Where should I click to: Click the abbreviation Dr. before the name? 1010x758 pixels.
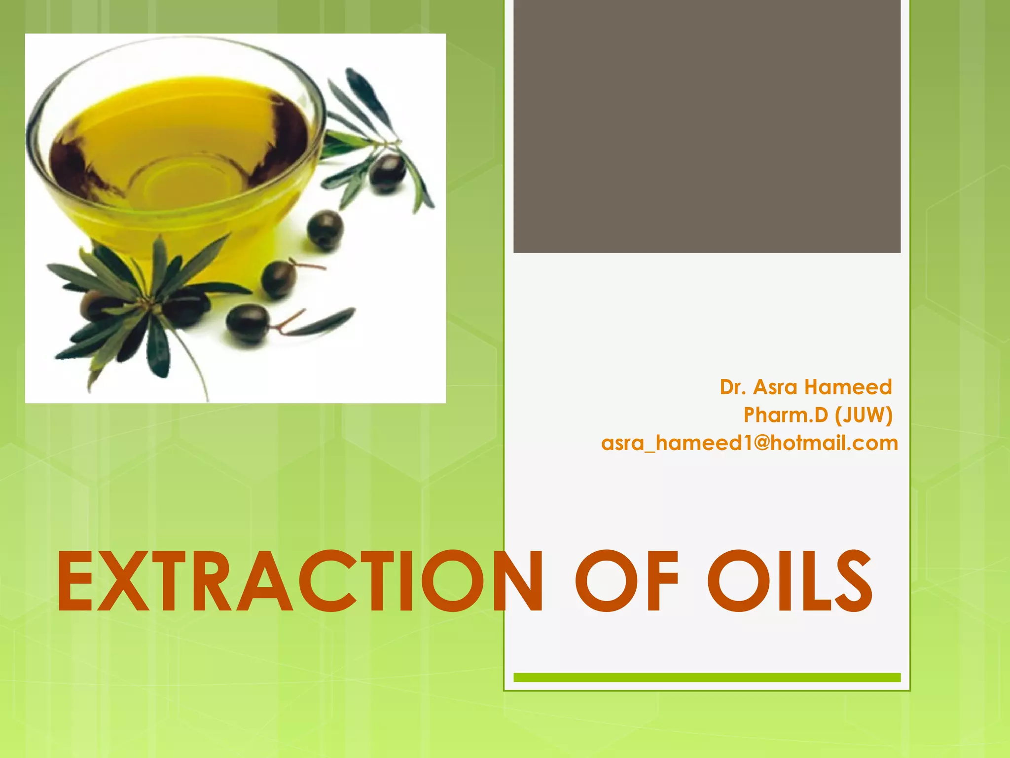pos(733,387)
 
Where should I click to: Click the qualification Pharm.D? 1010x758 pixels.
pos(786,415)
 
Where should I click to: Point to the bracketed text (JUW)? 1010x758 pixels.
pos(864,416)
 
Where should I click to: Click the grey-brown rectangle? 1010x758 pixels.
pos(707,126)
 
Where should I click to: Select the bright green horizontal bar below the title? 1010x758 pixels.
pos(707,678)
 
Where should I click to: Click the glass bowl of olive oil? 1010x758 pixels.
pos(178,153)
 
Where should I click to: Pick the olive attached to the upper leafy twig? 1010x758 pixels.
pos(387,173)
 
